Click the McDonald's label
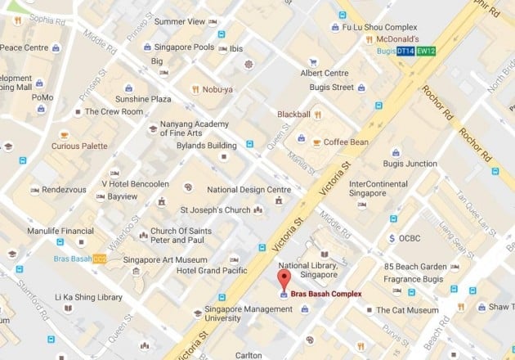[x=397, y=39]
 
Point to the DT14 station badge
[x=405, y=52]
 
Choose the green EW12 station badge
[x=426, y=52]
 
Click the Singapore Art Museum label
[x=158, y=260]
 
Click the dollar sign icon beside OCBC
[x=393, y=239]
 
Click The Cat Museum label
[x=408, y=310]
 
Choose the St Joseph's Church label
[x=215, y=210]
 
